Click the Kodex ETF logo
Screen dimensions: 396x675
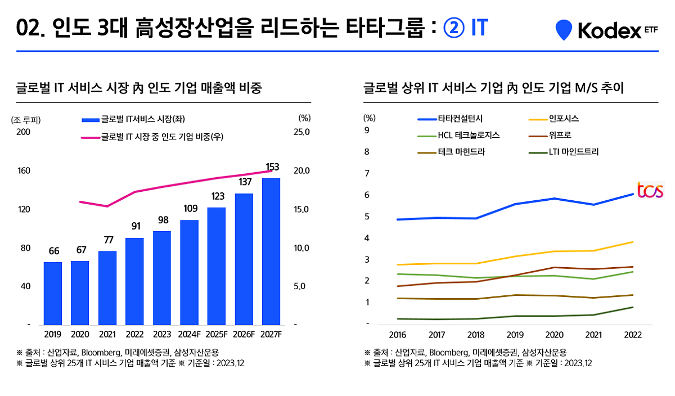click(x=606, y=30)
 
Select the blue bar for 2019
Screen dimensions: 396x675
click(x=53, y=293)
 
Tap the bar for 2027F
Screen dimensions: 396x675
click(x=271, y=251)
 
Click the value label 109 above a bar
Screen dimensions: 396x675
click(x=190, y=209)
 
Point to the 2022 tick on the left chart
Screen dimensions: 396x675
click(x=134, y=334)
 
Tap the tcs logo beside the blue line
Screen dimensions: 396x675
click(x=650, y=190)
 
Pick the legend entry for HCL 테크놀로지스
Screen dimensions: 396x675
click(x=458, y=136)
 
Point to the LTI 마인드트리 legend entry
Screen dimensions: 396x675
click(x=565, y=152)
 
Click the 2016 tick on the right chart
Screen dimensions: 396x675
click(x=397, y=335)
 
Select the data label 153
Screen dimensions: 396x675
click(x=272, y=167)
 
